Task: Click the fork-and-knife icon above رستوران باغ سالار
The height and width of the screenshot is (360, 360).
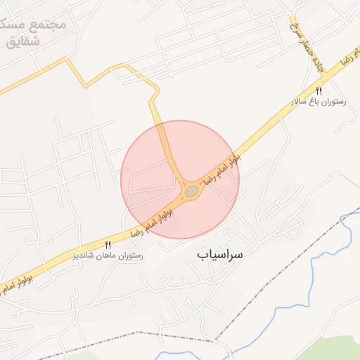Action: click(319, 91)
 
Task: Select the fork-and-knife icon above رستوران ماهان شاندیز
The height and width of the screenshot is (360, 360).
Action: click(108, 244)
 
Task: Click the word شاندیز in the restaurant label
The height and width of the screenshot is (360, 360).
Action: click(86, 256)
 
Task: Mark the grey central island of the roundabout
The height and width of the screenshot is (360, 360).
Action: click(191, 191)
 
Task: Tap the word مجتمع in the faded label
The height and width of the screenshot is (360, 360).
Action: click(50, 22)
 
